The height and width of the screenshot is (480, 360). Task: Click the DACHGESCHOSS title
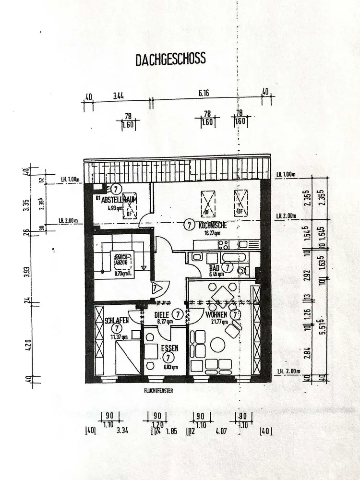click(170, 59)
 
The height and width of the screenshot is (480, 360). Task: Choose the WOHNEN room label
click(216, 315)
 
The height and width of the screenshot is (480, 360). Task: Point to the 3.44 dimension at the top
click(119, 96)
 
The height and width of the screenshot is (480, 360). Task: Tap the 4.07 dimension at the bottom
click(221, 431)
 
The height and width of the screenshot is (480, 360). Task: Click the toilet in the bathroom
click(241, 270)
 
